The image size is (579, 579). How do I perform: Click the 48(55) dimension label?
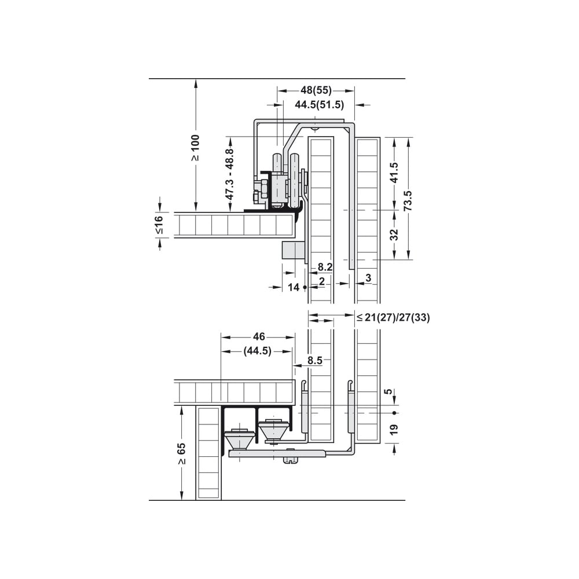tap(316, 90)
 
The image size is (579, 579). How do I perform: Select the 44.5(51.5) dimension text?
tap(320, 105)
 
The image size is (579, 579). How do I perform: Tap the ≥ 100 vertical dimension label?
tap(195, 147)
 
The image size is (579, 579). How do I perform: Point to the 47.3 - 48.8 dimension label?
tap(229, 174)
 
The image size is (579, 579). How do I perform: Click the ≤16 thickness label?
tap(159, 225)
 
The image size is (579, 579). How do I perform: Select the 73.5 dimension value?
tap(408, 201)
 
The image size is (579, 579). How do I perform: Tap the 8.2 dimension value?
tap(325, 266)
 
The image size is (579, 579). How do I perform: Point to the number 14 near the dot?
tap(294, 287)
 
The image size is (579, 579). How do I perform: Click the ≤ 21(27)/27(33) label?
tap(393, 317)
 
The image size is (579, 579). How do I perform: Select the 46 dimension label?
tap(259, 336)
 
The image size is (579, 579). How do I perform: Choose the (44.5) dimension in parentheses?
tap(258, 351)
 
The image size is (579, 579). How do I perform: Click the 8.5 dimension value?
tap(315, 360)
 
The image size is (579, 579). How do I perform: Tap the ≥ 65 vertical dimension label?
tap(181, 454)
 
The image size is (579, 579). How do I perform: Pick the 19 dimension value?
tap(394, 429)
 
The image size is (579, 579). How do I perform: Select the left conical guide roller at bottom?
tap(240, 438)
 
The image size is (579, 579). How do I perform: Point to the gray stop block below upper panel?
tap(294, 250)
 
